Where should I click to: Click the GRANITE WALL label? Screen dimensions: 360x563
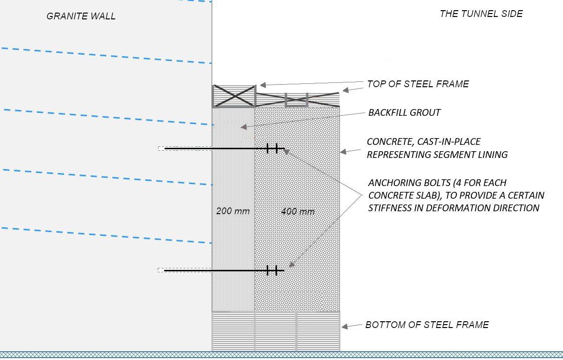coord(81,16)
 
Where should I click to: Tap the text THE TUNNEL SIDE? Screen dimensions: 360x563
coord(481,14)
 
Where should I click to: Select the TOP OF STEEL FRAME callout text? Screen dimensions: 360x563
coord(418,84)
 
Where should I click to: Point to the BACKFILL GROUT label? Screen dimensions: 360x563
coord(404,112)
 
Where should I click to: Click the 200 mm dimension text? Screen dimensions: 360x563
coord(233,211)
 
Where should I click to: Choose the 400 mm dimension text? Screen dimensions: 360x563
coord(298,211)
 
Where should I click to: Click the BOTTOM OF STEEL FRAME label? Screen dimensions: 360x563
coord(427,325)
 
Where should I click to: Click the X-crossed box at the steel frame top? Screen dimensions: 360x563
coord(234,96)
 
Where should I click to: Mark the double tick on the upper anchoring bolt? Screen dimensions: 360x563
coord(272,149)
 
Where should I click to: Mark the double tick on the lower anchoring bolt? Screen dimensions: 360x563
coord(272,270)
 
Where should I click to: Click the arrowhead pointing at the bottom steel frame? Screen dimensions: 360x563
coord(345,327)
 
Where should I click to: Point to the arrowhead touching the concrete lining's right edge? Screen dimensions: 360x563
coord(343,152)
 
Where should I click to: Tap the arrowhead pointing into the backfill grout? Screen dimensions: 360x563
coord(243,127)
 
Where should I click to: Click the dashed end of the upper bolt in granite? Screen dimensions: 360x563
coord(161,149)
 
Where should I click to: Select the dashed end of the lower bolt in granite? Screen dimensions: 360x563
coord(161,270)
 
